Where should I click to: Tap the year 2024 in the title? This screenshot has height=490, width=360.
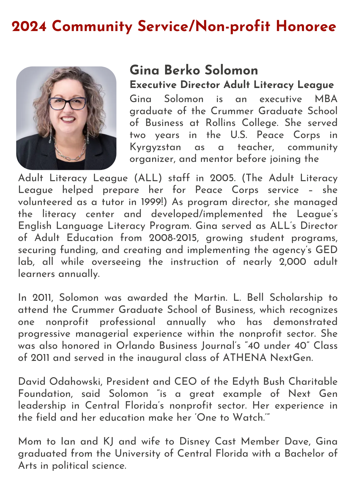pyautogui.click(x=29, y=27)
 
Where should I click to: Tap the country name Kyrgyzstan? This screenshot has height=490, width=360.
pyautogui.click(x=155, y=147)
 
